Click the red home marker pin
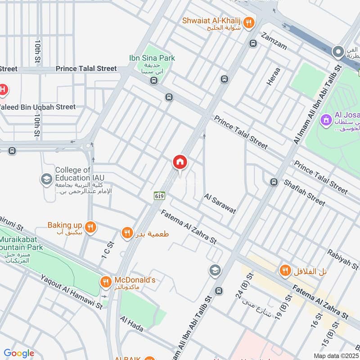[x=180, y=162]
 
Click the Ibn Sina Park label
[x=152, y=58]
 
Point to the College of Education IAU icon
[x=46, y=180]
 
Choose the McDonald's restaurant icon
[x=105, y=282]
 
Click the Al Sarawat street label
[x=220, y=204]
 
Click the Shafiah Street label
[x=304, y=193]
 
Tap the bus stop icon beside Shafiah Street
[x=273, y=182]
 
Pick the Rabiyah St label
[x=343, y=261]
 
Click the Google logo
[x=18, y=353]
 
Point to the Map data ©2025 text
[x=335, y=355]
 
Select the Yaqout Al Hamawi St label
[x=71, y=293]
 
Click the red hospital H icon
[x=3, y=90]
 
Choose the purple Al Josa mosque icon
[x=325, y=120]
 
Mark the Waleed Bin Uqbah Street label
[x=38, y=107]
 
